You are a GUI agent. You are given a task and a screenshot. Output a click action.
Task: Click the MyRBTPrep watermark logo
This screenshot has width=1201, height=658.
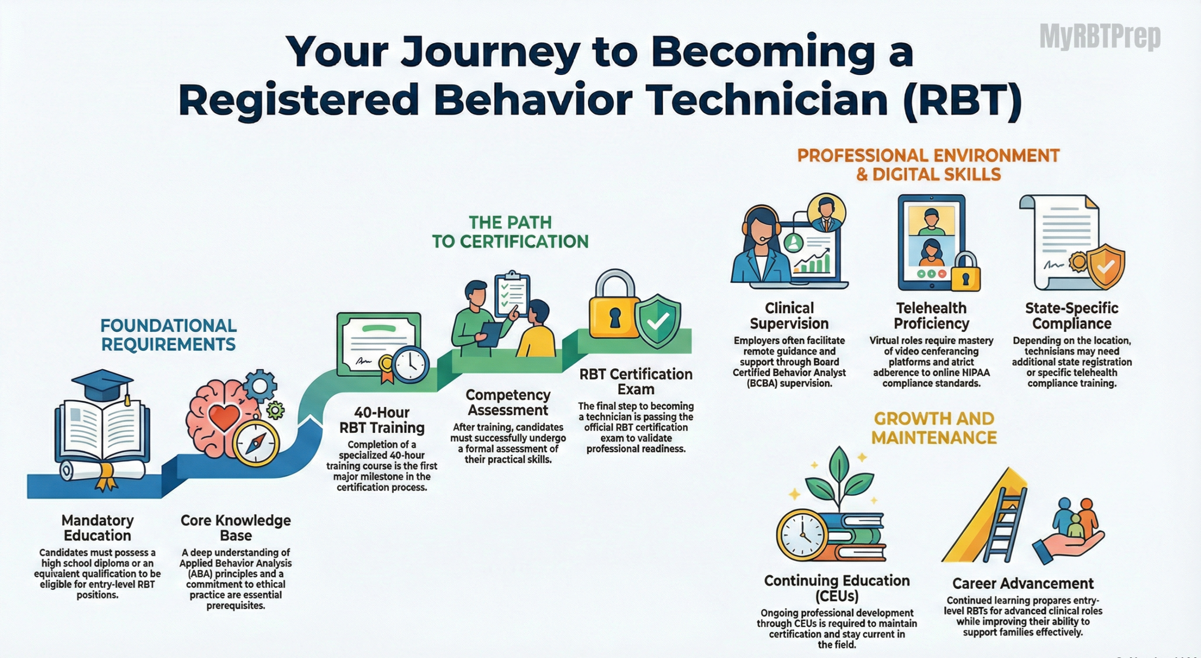click(1100, 37)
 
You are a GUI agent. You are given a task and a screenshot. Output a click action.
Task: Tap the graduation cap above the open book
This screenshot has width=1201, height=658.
click(102, 385)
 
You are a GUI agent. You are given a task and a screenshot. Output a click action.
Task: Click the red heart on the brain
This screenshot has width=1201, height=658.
click(224, 417)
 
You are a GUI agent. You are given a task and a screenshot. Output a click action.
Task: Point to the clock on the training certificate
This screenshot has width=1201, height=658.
click(410, 365)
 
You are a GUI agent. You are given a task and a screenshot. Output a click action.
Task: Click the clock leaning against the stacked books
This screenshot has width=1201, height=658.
click(802, 535)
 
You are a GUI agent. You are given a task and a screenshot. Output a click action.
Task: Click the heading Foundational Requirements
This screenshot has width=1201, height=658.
click(168, 335)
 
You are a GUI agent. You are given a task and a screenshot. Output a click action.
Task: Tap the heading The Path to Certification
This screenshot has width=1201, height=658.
click(510, 232)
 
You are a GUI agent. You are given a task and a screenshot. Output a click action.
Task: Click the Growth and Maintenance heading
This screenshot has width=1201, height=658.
click(934, 428)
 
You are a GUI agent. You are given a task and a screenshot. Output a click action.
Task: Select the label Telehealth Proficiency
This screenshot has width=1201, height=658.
click(931, 316)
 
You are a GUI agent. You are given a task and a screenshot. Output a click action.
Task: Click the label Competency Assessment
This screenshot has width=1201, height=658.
click(508, 402)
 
